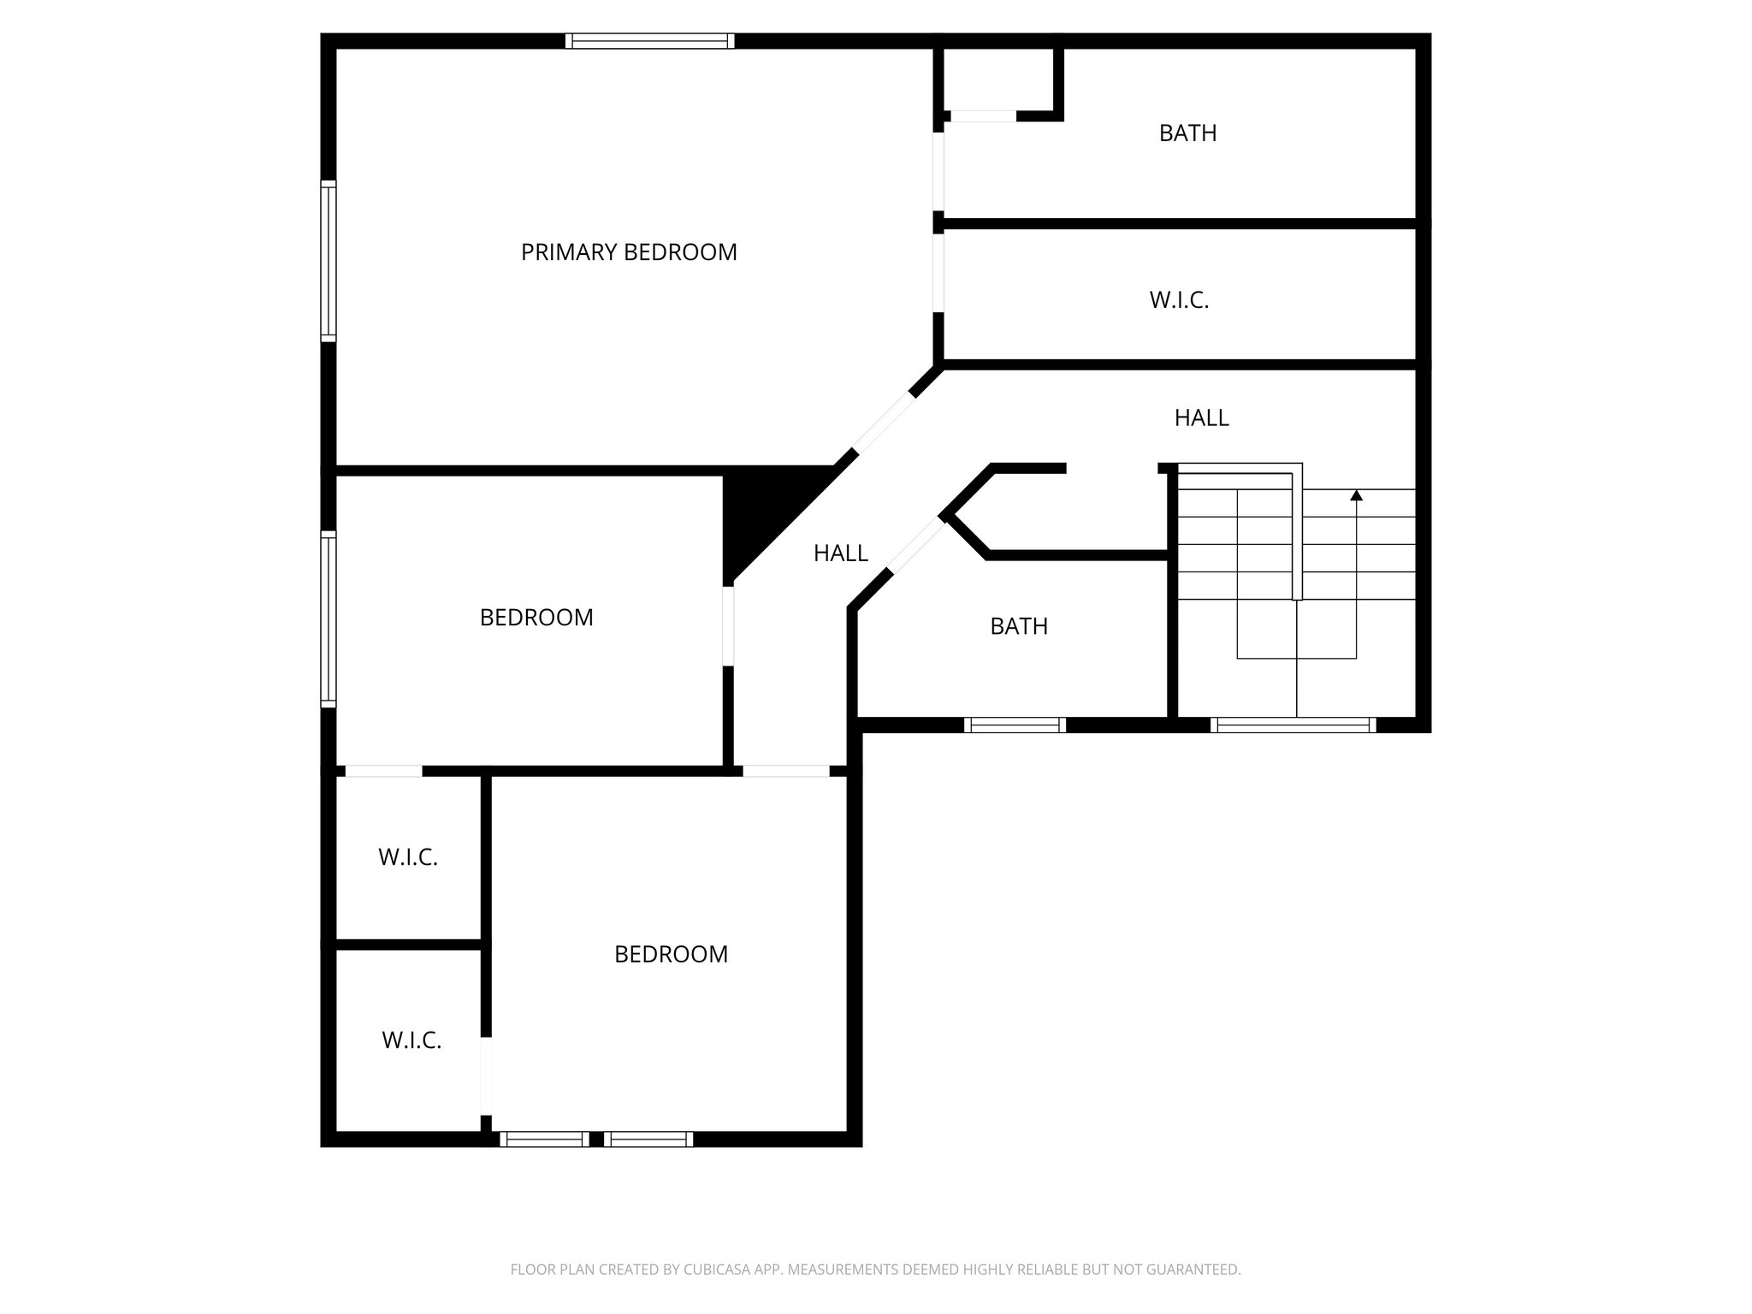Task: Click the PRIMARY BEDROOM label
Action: (x=629, y=252)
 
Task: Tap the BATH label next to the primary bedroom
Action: (x=1187, y=133)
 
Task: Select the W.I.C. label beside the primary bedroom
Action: (x=1179, y=300)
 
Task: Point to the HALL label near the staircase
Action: (x=1201, y=417)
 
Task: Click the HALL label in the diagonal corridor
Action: (x=840, y=553)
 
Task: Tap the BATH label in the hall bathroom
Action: (x=1018, y=626)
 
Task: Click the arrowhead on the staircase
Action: (x=1356, y=495)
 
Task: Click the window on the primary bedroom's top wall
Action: (x=649, y=40)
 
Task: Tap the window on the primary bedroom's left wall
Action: (x=328, y=261)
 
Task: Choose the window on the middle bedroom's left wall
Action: (x=328, y=619)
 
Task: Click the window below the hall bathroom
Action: (x=1015, y=725)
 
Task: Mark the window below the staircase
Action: (x=1293, y=725)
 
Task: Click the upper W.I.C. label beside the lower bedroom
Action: (x=408, y=857)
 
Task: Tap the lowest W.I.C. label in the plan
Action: (x=411, y=1040)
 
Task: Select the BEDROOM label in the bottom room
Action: (x=671, y=954)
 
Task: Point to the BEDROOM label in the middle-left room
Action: (x=536, y=618)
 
